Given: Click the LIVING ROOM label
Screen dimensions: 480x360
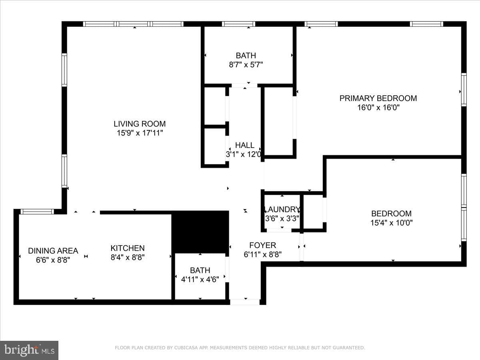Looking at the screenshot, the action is pyautogui.click(x=140, y=124).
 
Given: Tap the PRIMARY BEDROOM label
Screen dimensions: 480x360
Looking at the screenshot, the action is pyautogui.click(x=378, y=98).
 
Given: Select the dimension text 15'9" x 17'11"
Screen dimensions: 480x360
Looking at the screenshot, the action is pyautogui.click(x=140, y=133).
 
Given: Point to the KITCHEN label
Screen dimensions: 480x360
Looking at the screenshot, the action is pyautogui.click(x=128, y=248).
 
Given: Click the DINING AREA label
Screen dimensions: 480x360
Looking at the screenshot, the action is pyautogui.click(x=53, y=251).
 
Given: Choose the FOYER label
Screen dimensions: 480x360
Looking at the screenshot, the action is pyautogui.click(x=263, y=245).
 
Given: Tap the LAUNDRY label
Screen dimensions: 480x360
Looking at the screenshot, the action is pyautogui.click(x=282, y=209).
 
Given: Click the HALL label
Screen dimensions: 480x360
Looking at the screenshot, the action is pyautogui.click(x=245, y=145).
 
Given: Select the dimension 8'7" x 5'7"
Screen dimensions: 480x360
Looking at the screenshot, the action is pyautogui.click(x=246, y=65).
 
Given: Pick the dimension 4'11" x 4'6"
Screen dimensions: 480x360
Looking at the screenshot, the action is pyautogui.click(x=200, y=279).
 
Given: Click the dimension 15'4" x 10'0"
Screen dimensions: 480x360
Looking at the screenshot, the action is pyautogui.click(x=392, y=223).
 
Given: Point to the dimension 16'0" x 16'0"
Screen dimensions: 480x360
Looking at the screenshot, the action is pyautogui.click(x=378, y=108).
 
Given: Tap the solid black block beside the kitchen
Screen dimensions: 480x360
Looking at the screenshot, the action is pyautogui.click(x=200, y=232).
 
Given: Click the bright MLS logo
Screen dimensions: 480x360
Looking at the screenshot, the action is pyautogui.click(x=29, y=350).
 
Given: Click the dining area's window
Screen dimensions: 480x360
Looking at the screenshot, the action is pyautogui.click(x=37, y=211).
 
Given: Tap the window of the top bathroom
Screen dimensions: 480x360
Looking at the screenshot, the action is pyautogui.click(x=238, y=24).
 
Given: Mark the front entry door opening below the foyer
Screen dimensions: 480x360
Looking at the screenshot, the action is pyautogui.click(x=245, y=302).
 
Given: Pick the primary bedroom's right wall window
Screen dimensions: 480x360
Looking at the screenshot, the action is pyautogui.click(x=464, y=90).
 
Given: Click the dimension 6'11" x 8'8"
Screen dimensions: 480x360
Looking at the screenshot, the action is pyautogui.click(x=263, y=255).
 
